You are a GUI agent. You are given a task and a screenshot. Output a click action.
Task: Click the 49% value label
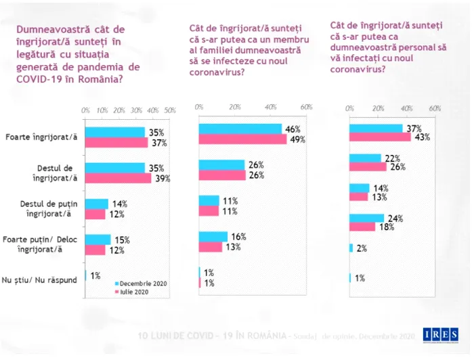coord(297,139)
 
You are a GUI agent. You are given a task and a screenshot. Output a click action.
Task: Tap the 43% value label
coord(423,137)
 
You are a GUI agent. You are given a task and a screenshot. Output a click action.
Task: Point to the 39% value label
coord(162,179)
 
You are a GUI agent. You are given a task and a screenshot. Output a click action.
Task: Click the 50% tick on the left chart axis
coord(170,110)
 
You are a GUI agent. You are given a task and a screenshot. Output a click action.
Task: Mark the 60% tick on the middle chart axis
coord(305,108)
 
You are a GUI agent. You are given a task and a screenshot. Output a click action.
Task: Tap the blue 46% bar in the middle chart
coord(240,129)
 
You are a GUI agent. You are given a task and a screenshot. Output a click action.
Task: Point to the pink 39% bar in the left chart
coord(118,179)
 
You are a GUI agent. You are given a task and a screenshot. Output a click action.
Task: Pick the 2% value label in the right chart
coord(362,248)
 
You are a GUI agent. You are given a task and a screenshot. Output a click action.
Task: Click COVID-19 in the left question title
coord(39,80)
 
